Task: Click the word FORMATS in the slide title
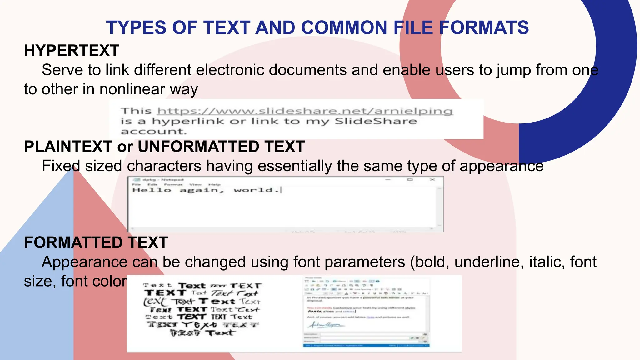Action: tap(484, 27)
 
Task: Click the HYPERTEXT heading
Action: tap(72, 51)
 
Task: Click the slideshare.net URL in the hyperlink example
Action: tap(305, 111)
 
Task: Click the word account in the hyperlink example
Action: tap(153, 132)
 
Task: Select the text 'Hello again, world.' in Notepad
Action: tap(206, 190)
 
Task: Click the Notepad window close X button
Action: tap(432, 180)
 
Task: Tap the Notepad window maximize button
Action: tap(410, 180)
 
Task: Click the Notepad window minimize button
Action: tap(388, 180)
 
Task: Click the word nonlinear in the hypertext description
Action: tap(132, 89)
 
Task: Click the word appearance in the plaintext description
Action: tap(502, 166)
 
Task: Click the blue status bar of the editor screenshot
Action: tap(366, 346)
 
